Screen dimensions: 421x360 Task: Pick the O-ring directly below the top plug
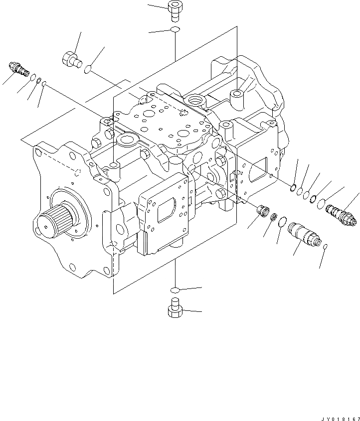click(x=175, y=31)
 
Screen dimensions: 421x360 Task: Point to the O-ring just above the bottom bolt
click(x=175, y=289)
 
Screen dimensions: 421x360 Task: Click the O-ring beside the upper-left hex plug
click(x=88, y=69)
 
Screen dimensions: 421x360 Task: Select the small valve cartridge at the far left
click(x=18, y=69)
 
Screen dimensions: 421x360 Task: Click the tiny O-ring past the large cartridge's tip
click(x=325, y=247)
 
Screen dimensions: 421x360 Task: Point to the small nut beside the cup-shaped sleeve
click(x=273, y=217)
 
